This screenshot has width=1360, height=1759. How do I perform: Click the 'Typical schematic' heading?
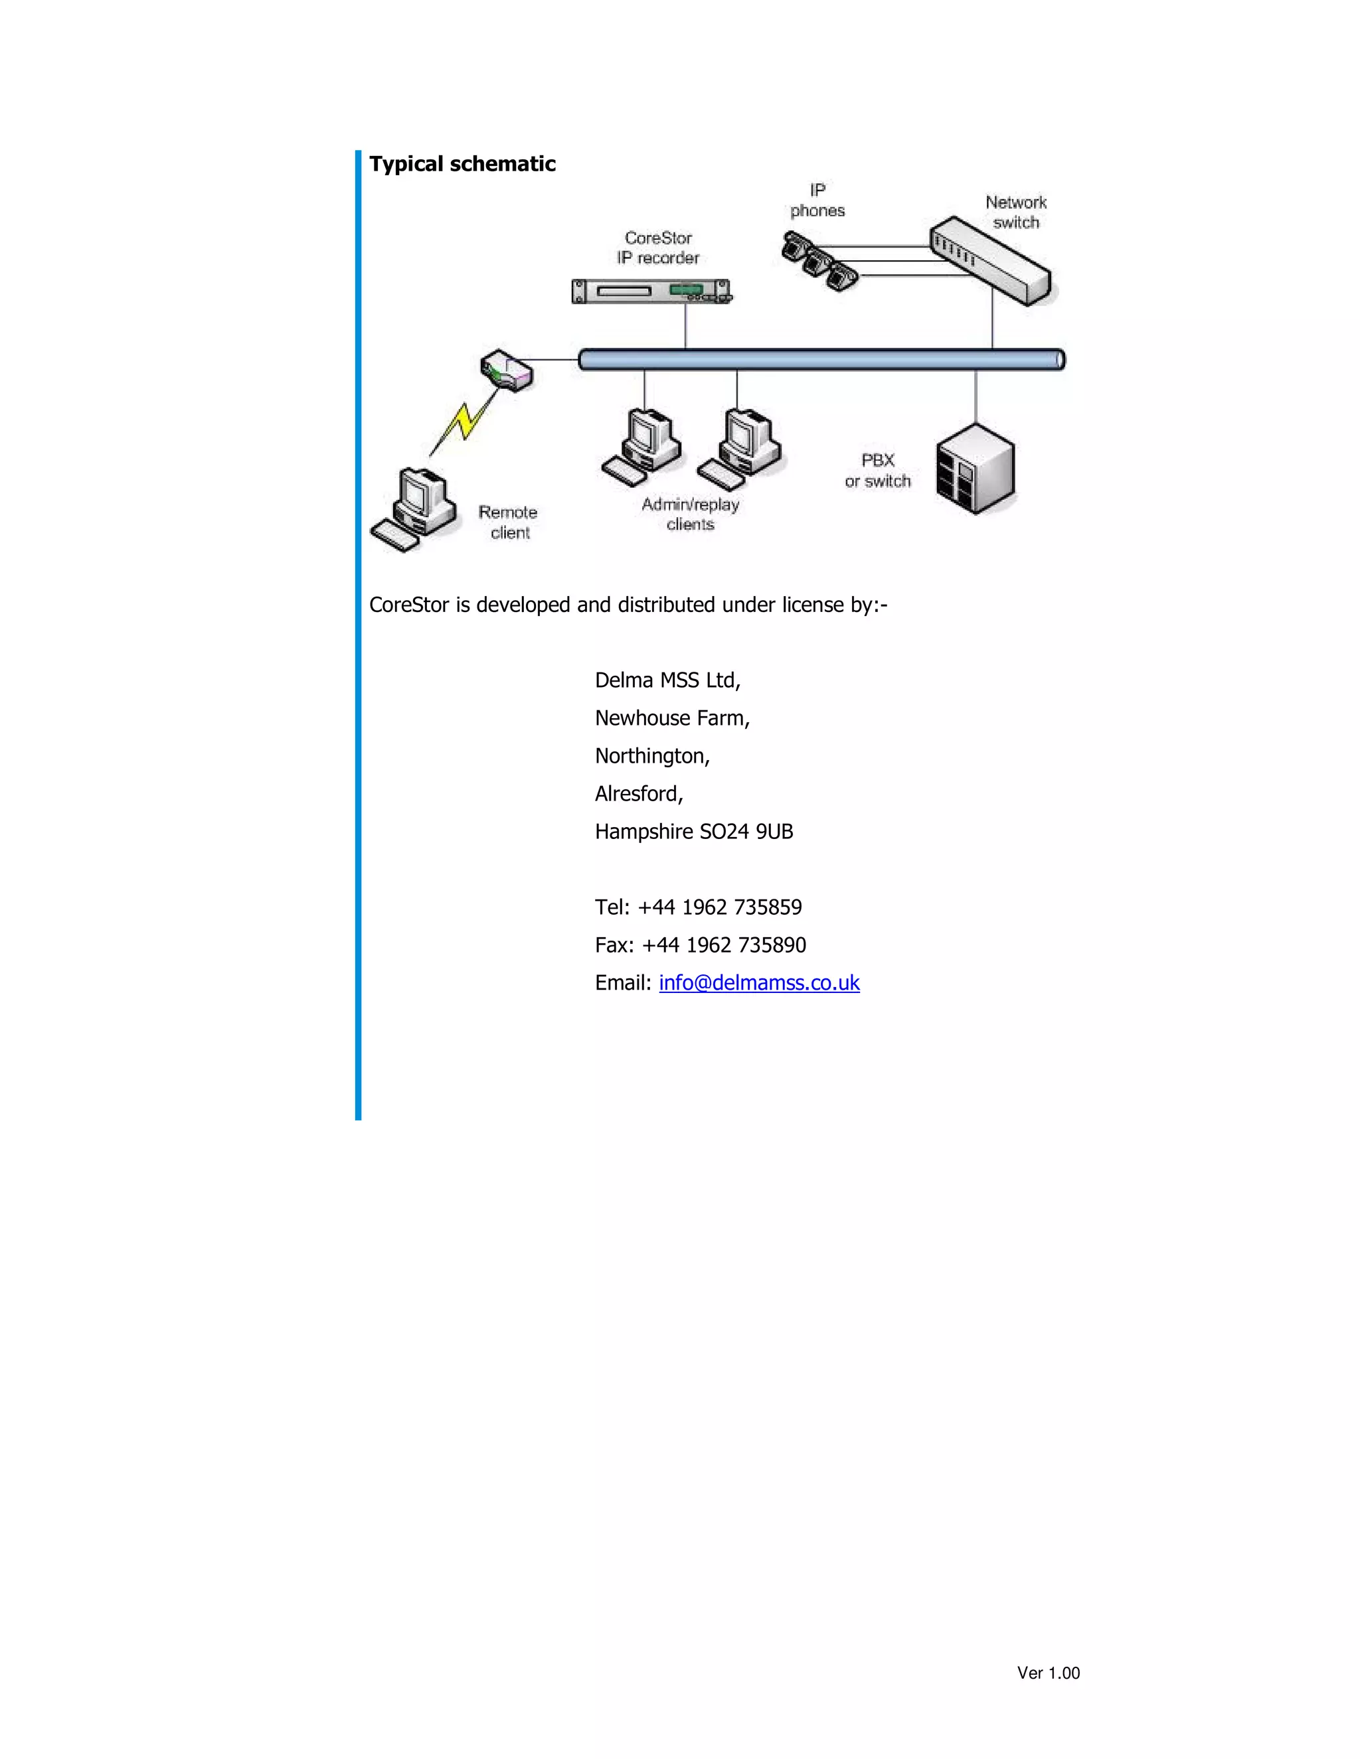pyautogui.click(x=462, y=165)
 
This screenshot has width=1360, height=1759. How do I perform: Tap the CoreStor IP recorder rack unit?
pyautogui.click(x=650, y=291)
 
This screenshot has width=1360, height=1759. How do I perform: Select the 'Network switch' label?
pyautogui.click(x=1015, y=212)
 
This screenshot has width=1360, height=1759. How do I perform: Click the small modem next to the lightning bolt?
pyautogui.click(x=507, y=370)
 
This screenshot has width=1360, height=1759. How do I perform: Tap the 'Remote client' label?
pyautogui.click(x=507, y=522)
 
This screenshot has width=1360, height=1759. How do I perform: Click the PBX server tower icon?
pyautogui.click(x=975, y=469)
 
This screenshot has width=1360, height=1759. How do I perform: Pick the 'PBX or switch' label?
pyautogui.click(x=877, y=471)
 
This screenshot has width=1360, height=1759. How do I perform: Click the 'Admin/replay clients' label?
pyautogui.click(x=691, y=514)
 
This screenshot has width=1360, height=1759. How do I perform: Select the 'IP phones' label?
pyautogui.click(x=817, y=200)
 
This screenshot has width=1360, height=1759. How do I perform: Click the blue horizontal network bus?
pyautogui.click(x=822, y=359)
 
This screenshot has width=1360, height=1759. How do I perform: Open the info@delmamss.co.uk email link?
pyautogui.click(x=759, y=982)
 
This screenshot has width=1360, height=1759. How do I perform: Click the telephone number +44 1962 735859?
pyautogui.click(x=719, y=907)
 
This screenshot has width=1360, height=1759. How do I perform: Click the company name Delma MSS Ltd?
pyautogui.click(x=666, y=680)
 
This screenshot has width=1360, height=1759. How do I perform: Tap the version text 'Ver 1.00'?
pyautogui.click(x=1047, y=1673)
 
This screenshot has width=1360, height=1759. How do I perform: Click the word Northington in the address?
pyautogui.click(x=651, y=756)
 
